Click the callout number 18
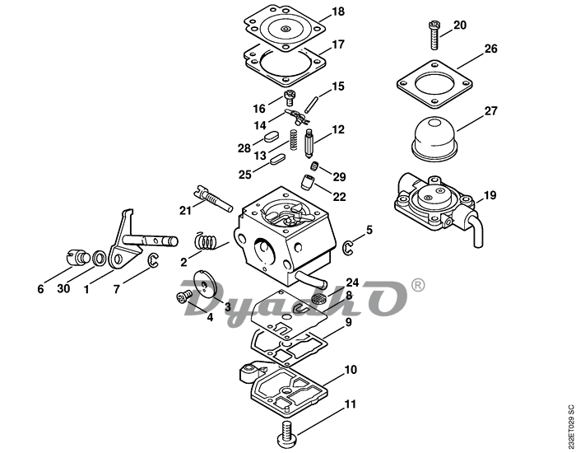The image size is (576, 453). click(x=338, y=12)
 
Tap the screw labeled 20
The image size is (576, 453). click(x=434, y=35)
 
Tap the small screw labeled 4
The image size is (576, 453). click(x=184, y=297)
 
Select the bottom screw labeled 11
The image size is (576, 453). click(x=288, y=432)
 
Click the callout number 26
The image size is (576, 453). click(x=490, y=49)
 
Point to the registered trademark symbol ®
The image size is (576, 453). click(x=417, y=285)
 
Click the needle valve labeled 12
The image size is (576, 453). click(x=309, y=143)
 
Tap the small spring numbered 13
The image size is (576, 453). click(x=294, y=140)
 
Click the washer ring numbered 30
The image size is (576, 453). click(x=98, y=258)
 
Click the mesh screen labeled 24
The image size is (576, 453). click(x=318, y=297)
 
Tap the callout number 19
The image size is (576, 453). click(x=490, y=195)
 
